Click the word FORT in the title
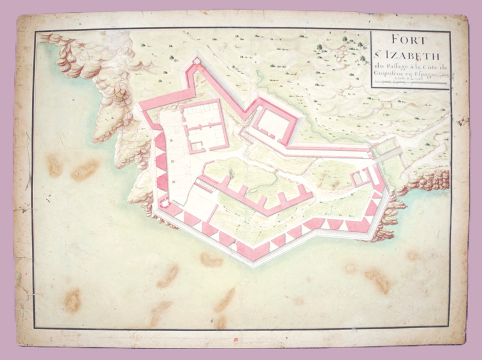point(409,41)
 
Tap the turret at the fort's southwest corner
point(161,203)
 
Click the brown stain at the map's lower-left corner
point(73,300)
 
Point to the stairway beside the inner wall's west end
point(205,188)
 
